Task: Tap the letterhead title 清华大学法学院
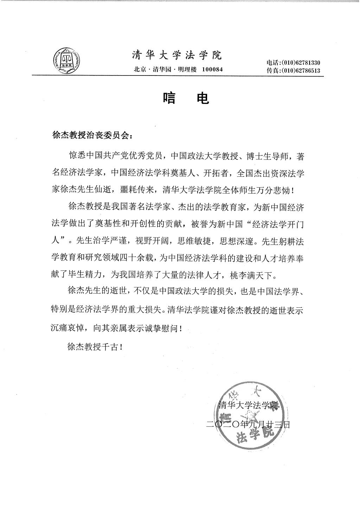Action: [x=177, y=56]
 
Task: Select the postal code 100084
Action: [x=212, y=69]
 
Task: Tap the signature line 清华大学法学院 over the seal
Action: [x=248, y=405]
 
